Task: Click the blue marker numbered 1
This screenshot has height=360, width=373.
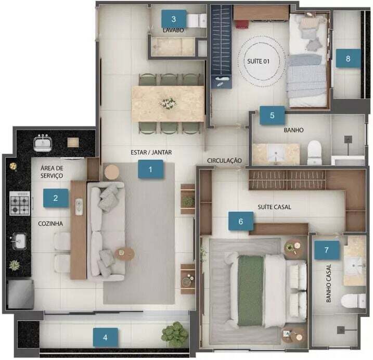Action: coord(150,169)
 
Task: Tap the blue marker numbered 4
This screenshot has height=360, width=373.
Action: coord(106,337)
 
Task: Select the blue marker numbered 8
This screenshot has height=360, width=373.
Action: coord(348,58)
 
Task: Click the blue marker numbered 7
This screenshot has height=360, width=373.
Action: coord(327,250)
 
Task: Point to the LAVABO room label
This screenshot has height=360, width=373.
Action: coord(173,30)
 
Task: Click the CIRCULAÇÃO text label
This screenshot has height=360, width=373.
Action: coord(224,161)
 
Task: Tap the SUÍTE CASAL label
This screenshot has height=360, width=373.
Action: coord(274,207)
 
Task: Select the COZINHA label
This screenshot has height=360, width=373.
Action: coord(50,223)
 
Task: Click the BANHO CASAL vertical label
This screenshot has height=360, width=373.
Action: coord(328,283)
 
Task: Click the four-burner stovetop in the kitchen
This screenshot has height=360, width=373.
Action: coord(20,203)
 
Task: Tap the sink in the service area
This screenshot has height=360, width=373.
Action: coord(43,143)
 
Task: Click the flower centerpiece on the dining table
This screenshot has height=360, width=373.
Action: coord(168,103)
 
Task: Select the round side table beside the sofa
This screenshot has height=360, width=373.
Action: coord(112,172)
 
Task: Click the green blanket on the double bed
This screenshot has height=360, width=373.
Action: coord(251,290)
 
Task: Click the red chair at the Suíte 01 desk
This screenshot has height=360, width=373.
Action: coord(242,24)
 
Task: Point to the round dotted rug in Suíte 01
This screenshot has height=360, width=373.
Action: coord(262,61)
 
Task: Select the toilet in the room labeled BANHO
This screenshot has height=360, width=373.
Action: coord(315,152)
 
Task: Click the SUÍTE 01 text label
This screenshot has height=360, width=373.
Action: coord(259,61)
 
